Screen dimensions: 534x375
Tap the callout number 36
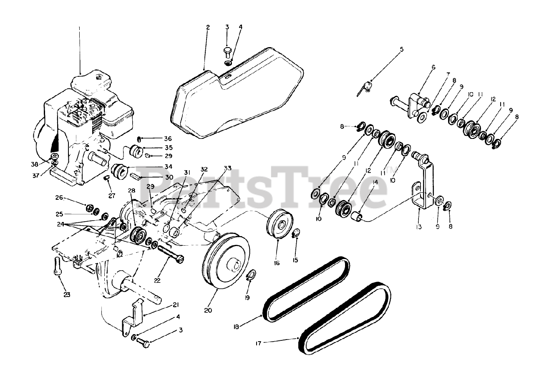click(x=156, y=139)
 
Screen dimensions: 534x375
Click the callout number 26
click(x=59, y=197)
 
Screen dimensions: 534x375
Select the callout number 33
click(x=227, y=168)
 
